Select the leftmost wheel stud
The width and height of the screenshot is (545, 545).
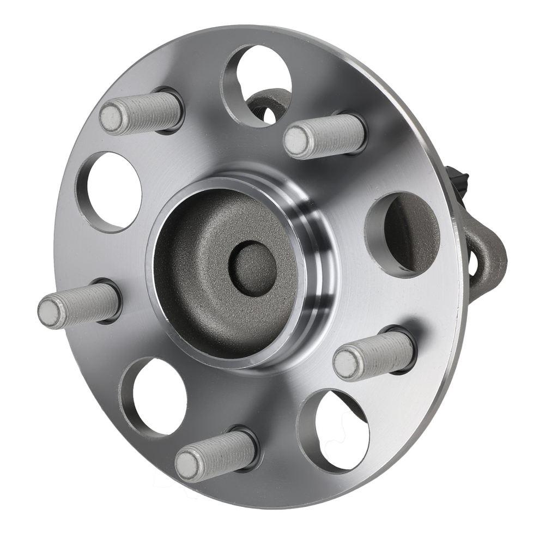click(79, 305)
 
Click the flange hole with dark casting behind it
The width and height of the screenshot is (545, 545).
click(406, 232)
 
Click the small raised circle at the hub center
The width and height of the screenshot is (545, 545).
click(252, 269)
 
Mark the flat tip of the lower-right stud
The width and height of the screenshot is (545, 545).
click(346, 365)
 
